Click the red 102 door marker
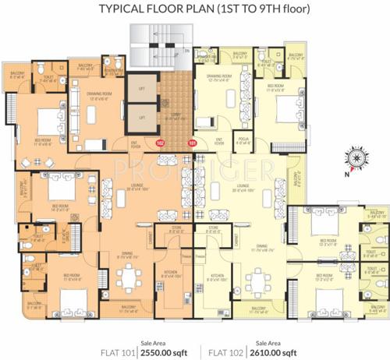click(x=161, y=143)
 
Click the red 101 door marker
click(x=193, y=143)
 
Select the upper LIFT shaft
click(x=143, y=88)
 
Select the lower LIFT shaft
click(x=143, y=117)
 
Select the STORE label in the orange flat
click(x=174, y=228)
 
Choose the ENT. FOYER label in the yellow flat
click(x=219, y=141)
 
